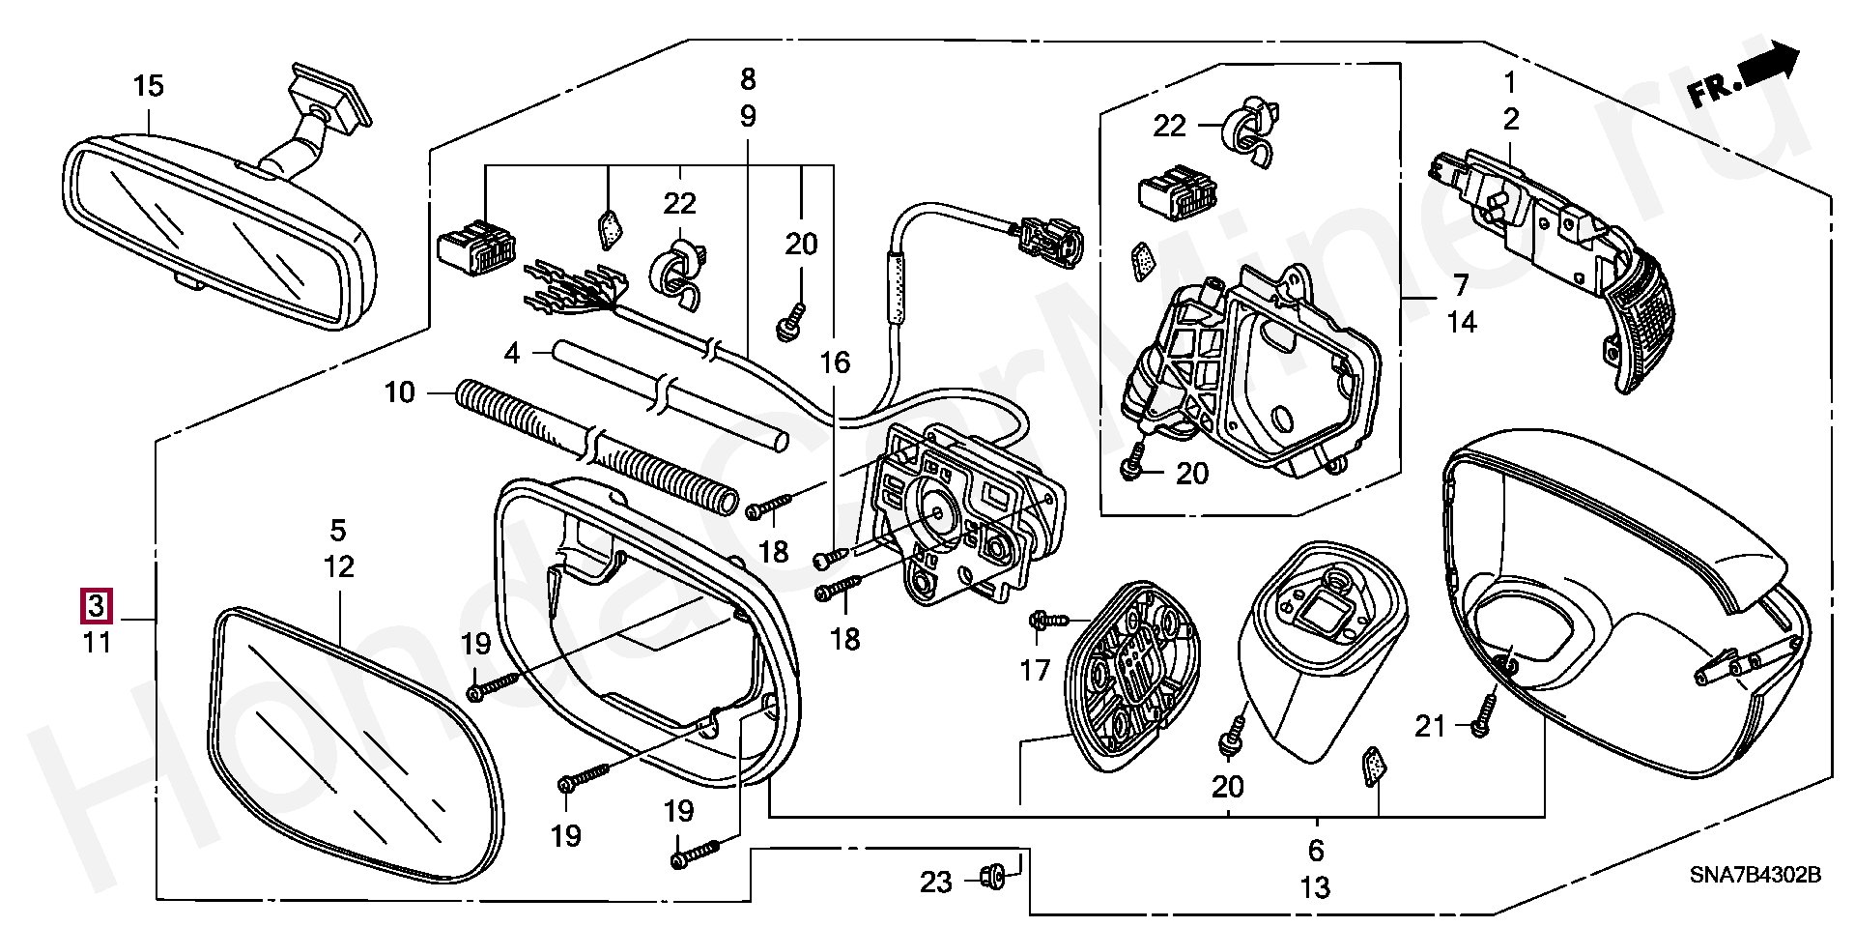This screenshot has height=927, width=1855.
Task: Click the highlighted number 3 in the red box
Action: pos(97,606)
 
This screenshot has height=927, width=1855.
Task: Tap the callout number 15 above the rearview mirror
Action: pos(149,86)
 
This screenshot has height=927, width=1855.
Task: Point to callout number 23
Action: pos(935,882)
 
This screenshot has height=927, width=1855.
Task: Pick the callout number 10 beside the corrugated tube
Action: pos(399,392)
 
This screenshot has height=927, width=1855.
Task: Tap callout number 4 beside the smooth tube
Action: pos(512,354)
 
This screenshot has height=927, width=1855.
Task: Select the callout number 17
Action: pos(1035,669)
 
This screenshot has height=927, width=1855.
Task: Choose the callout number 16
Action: pos(835,362)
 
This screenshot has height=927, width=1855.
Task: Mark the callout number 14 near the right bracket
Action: pos(1462,322)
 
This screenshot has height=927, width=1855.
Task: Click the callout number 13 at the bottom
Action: pos(1316,886)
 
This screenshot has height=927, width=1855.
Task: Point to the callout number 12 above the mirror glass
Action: pos(339,567)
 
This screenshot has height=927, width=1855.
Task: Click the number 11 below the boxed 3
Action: pos(97,642)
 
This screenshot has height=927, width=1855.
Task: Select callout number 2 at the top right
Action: pos(1511,119)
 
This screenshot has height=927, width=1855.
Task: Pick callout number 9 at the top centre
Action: pos(749,117)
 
